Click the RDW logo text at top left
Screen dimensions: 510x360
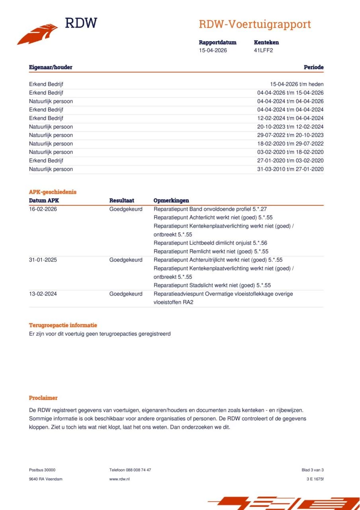click(81, 23)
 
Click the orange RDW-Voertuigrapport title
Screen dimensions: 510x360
click(254, 24)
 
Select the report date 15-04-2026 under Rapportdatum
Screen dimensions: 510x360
click(213, 50)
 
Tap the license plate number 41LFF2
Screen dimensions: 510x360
click(263, 50)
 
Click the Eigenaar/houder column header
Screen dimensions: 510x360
click(51, 67)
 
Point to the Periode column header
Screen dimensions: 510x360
click(313, 67)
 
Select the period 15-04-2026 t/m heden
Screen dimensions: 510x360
click(297, 84)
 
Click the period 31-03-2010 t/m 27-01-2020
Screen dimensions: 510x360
click(290, 169)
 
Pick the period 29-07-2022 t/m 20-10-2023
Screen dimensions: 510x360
click(290, 135)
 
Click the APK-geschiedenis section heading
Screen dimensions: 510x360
click(53, 192)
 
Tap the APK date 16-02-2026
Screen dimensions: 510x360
click(43, 209)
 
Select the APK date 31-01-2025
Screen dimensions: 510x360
click(43, 260)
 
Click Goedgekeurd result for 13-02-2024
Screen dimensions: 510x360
click(125, 294)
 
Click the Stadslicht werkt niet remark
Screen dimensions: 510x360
click(212, 285)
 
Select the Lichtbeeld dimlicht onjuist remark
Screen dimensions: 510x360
click(210, 243)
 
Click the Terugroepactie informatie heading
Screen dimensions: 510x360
click(63, 325)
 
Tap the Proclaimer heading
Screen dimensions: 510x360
click(43, 398)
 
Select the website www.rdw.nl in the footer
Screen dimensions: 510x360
click(119, 479)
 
